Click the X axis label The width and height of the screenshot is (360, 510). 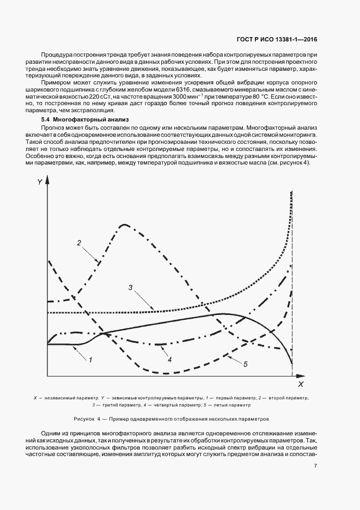coord(301,385)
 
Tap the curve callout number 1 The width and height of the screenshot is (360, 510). coord(90,360)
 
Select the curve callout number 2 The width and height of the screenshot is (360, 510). coord(79,242)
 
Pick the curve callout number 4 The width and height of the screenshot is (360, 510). coord(169,360)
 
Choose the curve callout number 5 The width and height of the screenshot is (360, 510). coord(245,364)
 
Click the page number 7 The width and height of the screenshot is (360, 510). coord(315,466)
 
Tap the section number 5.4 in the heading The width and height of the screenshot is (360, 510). coord(46,119)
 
